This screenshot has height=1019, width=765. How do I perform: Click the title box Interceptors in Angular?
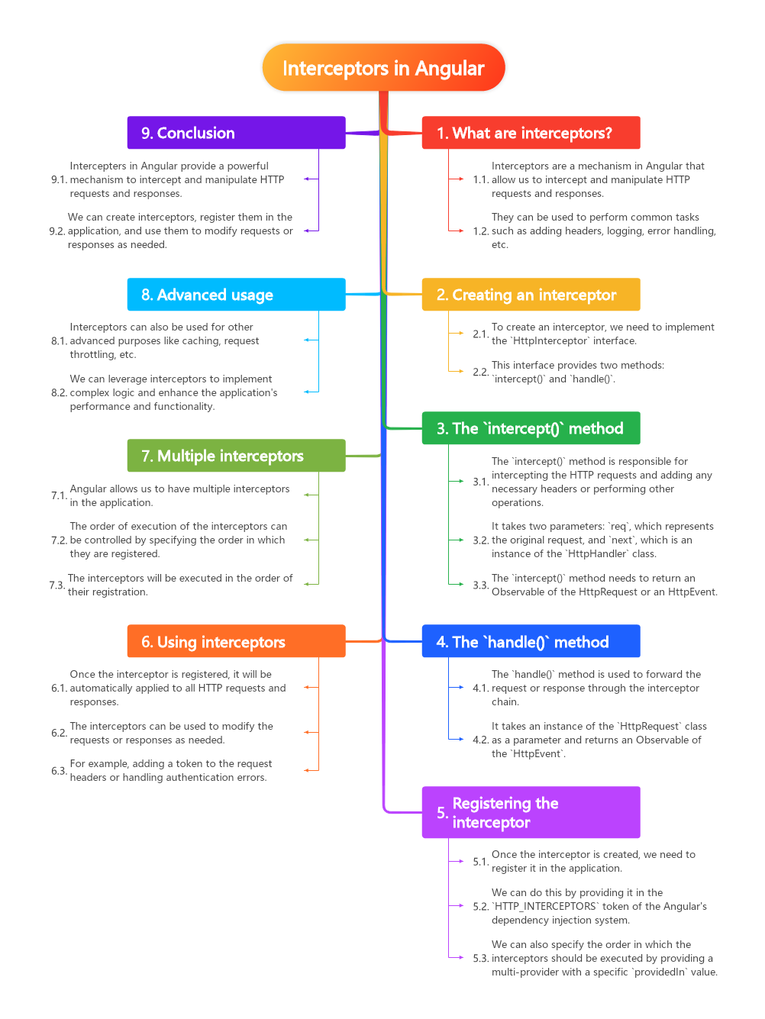click(383, 68)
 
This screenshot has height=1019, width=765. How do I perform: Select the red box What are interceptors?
click(531, 133)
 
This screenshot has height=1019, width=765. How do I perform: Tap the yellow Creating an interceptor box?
click(531, 295)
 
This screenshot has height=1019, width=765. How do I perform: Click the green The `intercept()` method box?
click(531, 428)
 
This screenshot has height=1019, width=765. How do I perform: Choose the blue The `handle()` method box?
click(531, 642)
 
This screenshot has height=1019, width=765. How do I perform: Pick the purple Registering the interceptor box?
click(531, 812)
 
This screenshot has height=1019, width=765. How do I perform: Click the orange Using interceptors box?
click(236, 642)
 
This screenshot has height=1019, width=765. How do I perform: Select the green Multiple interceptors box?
click(236, 456)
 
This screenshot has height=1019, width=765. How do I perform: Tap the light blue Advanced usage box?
click(236, 295)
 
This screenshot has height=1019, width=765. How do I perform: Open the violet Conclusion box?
click(236, 133)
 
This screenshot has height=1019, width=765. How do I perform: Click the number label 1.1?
click(480, 179)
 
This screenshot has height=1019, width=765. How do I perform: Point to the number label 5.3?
click(480, 958)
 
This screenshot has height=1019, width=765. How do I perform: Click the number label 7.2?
click(59, 540)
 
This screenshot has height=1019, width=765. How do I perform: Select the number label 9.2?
click(57, 231)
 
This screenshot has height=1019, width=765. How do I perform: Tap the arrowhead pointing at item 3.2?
click(460, 540)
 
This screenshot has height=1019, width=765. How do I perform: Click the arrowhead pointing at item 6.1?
click(307, 688)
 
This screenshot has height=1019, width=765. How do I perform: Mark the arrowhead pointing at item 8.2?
click(307, 392)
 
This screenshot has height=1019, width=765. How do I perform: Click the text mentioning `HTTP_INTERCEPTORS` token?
click(599, 906)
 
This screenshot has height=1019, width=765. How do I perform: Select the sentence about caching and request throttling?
click(164, 340)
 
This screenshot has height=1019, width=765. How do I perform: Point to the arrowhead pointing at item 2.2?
click(460, 372)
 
